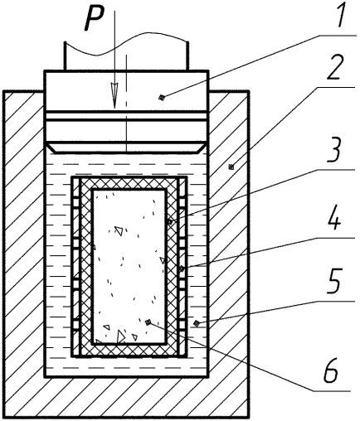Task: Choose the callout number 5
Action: tap(335, 281)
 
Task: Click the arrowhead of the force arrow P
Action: tap(114, 95)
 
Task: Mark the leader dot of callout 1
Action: tap(162, 97)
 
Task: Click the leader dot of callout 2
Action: tap(231, 167)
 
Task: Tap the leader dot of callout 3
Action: tap(170, 221)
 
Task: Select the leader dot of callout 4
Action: tap(182, 268)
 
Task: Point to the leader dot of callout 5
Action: tap(196, 322)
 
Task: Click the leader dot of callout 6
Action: tap(148, 322)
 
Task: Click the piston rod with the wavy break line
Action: tap(126, 54)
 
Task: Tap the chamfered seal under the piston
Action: tap(126, 148)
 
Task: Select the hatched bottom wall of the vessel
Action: tap(126, 397)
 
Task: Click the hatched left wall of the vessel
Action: tap(23, 234)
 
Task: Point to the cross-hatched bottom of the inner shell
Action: tap(129, 351)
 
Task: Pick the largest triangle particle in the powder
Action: tap(120, 336)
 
